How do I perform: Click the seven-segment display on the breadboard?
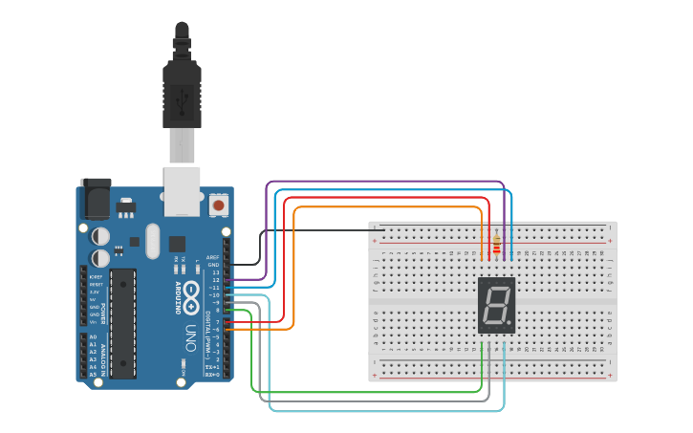(496, 305)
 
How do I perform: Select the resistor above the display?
(495, 245)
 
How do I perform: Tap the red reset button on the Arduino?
(219, 205)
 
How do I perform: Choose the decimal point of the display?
(510, 324)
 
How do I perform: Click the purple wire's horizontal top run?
(382, 181)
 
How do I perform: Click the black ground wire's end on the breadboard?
(383, 230)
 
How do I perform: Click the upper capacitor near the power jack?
(100, 236)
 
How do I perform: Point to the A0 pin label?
(93, 337)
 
